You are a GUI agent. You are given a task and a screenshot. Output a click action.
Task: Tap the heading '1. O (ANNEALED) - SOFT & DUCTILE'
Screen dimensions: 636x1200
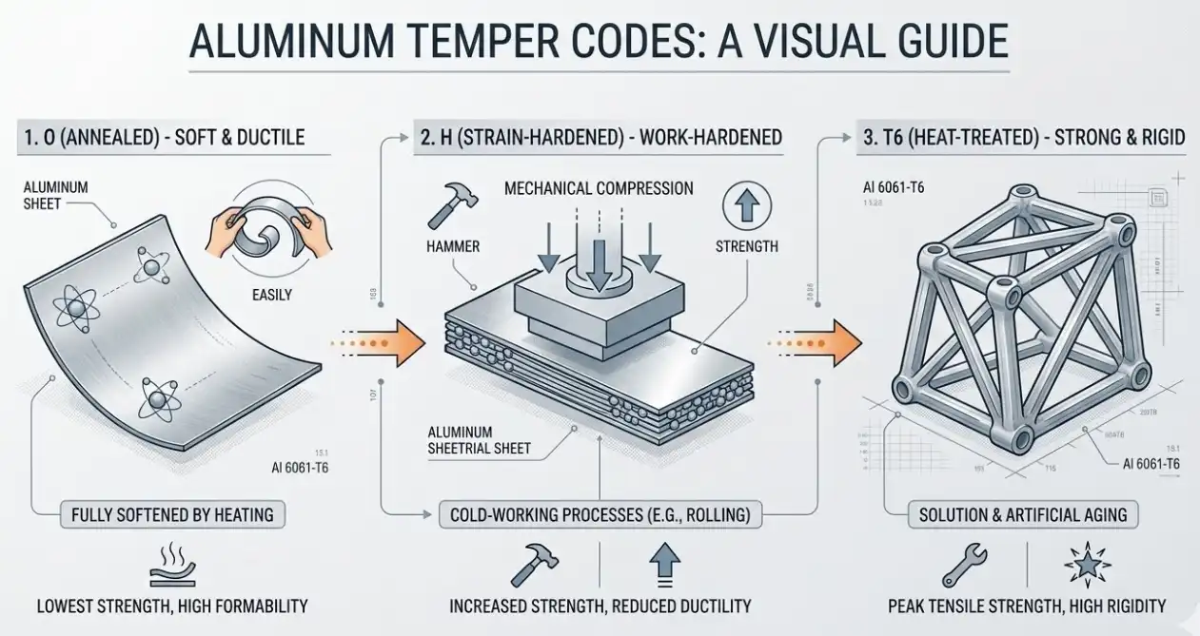pos(161,137)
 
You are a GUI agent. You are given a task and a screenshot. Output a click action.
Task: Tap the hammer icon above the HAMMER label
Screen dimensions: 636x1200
pos(446,203)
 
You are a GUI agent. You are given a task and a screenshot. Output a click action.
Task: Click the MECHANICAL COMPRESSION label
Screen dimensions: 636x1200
pos(599,188)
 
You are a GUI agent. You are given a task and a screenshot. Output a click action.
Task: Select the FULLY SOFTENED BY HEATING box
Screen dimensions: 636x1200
pos(172,514)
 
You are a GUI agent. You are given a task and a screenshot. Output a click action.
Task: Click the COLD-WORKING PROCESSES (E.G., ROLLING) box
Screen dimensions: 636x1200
pos(600,515)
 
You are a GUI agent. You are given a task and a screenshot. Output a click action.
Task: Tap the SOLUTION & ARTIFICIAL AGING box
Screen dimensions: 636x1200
pos(1023,514)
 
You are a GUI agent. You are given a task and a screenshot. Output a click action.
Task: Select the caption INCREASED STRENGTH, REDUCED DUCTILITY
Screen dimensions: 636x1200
pos(600,606)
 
